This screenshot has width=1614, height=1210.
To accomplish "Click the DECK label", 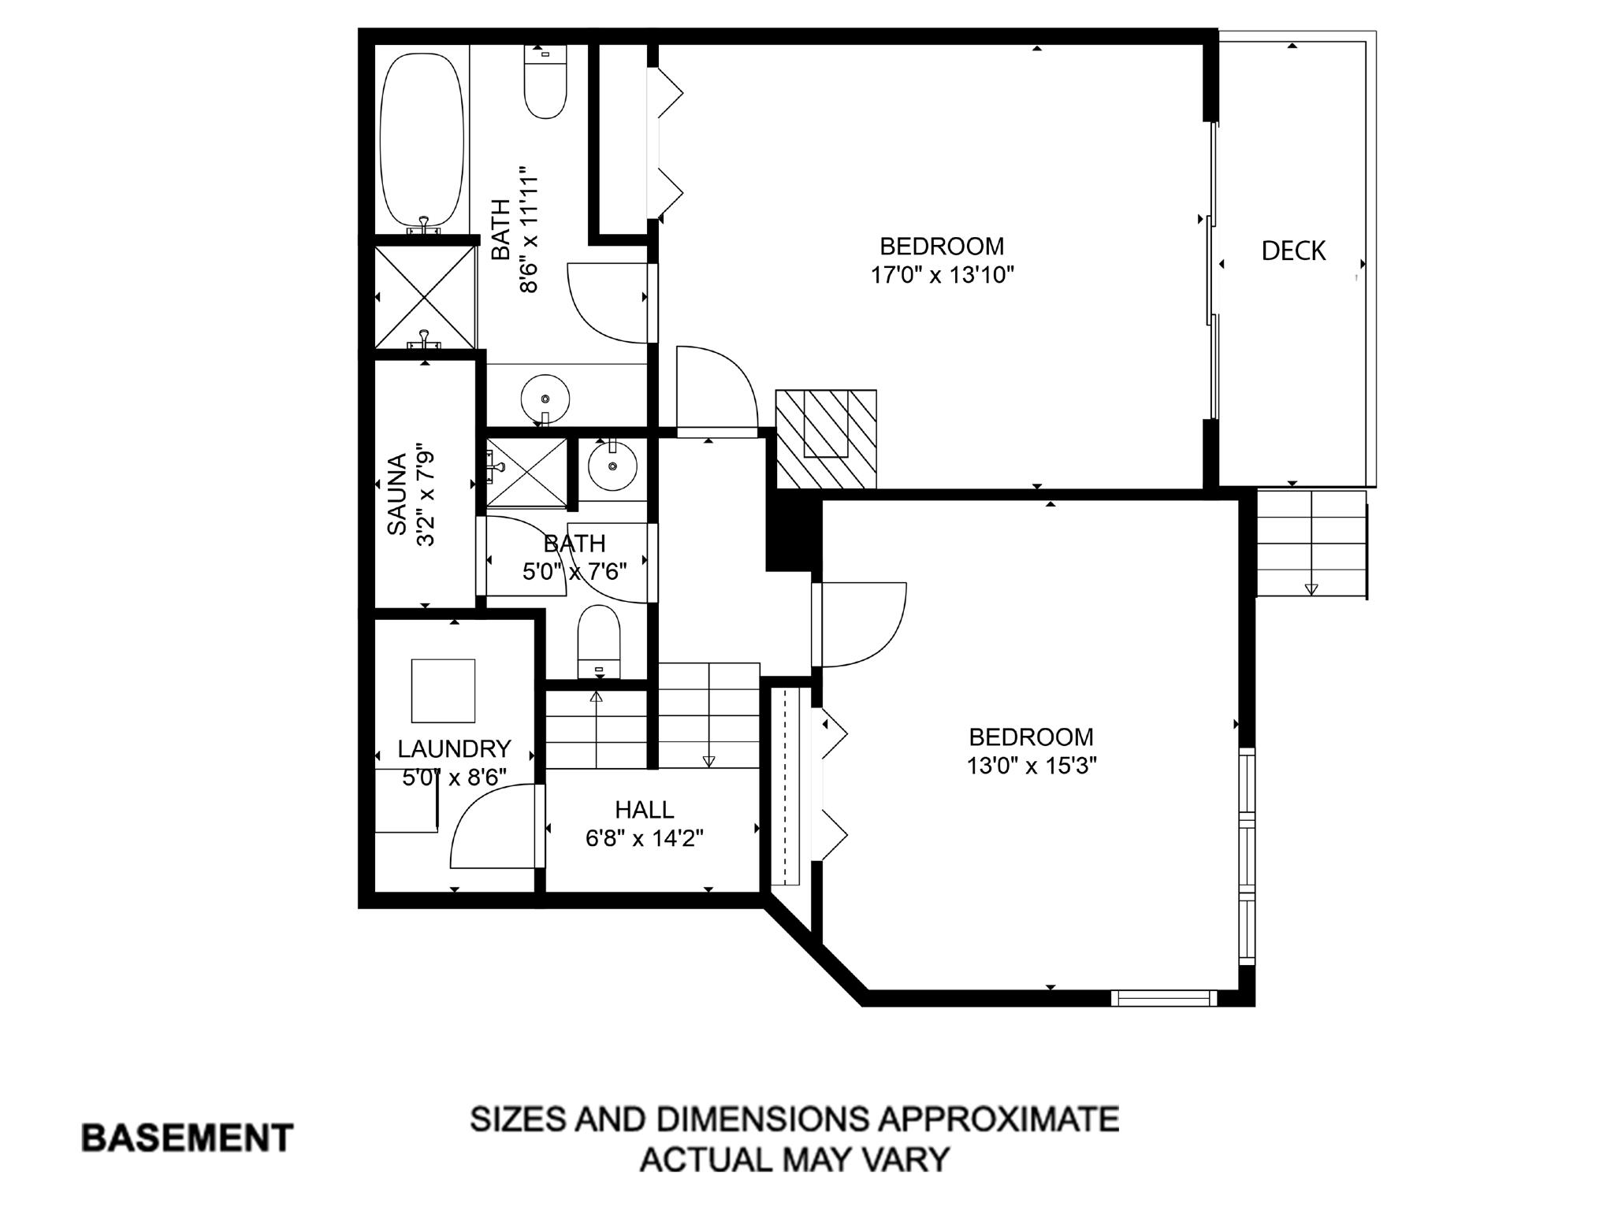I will coord(1292,251).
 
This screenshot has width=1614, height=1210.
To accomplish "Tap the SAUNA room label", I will coord(396,494).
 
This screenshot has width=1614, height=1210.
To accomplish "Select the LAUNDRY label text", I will coord(454,748).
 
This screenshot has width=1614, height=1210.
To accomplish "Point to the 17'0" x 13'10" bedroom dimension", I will coord(942,275).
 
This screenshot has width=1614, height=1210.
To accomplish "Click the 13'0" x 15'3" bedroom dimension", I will coord(1032,766).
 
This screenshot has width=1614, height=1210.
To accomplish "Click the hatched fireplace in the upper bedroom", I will coord(826,439).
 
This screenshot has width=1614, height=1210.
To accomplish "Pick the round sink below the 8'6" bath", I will coord(545,397).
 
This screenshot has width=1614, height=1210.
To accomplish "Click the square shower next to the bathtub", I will coord(425,298).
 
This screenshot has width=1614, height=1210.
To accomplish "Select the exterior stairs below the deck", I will coord(1311,544).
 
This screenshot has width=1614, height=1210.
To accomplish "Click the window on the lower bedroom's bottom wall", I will coord(1164,998).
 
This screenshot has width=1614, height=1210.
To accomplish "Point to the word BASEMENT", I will coord(188,1138).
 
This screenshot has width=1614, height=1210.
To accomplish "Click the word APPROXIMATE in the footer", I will coord(999,1119).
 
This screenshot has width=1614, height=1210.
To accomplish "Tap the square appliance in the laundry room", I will coord(443,691).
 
